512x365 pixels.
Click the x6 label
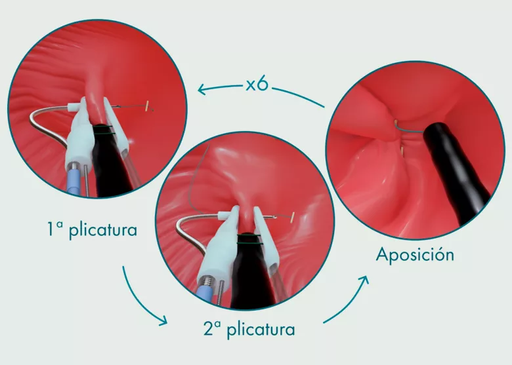tap(257, 84)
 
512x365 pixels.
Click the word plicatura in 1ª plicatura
tap(103, 231)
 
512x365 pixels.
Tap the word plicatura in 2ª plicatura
tap(261, 329)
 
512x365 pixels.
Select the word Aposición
tap(415, 254)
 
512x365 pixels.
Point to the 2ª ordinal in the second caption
tap(212, 328)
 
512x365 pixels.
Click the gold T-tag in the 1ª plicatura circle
tap(148, 106)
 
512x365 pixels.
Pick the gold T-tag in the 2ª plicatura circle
tap(293, 217)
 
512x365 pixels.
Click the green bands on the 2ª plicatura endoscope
tap(250, 240)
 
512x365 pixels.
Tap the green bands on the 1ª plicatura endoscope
tap(104, 130)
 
